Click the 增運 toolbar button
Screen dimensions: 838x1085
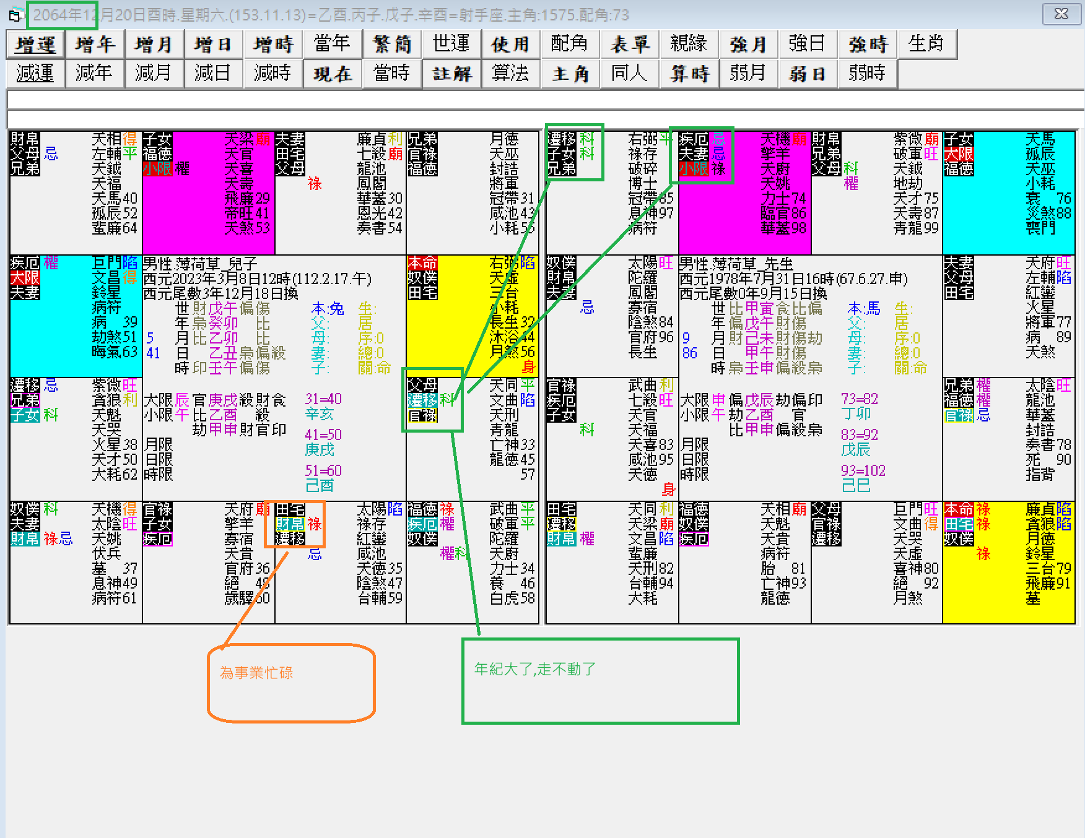pos(35,45)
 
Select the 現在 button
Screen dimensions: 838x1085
pos(333,74)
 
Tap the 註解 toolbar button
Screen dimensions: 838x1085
pos(451,74)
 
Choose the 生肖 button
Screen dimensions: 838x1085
pos(926,45)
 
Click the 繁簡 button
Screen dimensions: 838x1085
pos(392,45)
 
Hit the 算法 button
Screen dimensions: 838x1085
pos(510,74)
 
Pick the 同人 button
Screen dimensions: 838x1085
pos(629,74)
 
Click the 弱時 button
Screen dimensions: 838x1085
pos(867,74)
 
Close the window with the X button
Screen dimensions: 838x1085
pos(1061,14)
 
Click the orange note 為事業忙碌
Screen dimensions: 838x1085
pos(256,673)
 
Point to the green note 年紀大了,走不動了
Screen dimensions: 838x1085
pos(534,669)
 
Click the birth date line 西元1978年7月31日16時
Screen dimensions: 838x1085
pos(793,279)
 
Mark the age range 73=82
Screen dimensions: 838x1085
pos(859,399)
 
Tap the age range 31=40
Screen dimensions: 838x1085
pos(323,399)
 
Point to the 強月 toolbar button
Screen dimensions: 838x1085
pos(748,45)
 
